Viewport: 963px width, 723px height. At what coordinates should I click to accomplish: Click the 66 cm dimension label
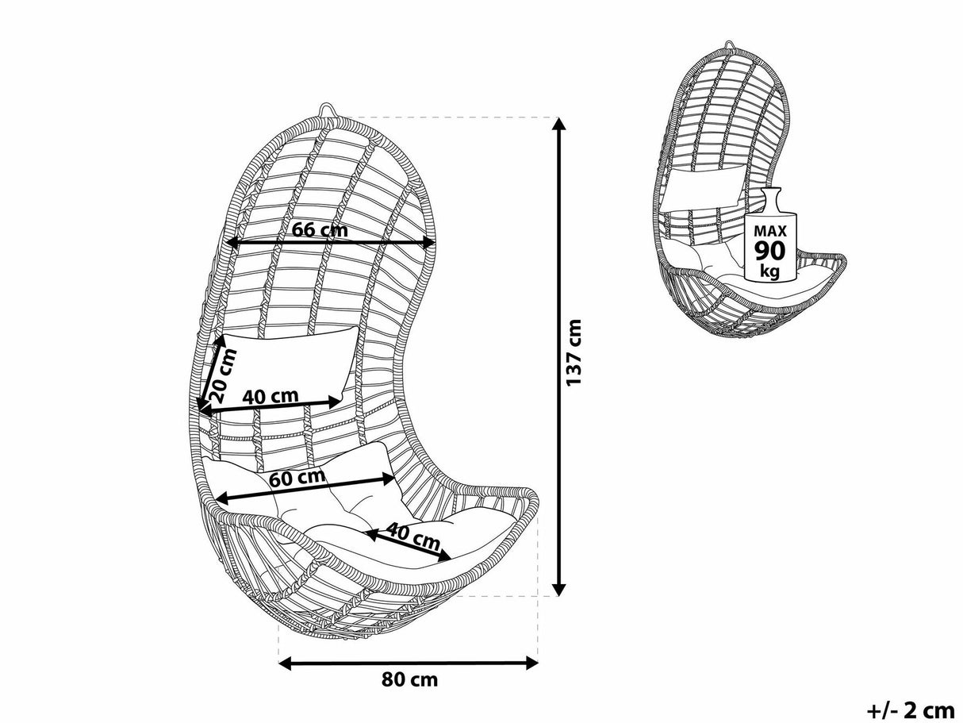320,230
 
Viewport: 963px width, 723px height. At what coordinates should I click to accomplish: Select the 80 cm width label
409,680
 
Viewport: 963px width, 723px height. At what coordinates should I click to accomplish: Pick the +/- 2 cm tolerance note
910,709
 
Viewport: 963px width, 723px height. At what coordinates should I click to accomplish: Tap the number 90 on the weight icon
769,252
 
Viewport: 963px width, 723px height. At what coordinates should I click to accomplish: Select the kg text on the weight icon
769,271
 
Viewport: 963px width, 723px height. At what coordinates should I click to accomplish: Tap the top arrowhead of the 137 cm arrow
559,124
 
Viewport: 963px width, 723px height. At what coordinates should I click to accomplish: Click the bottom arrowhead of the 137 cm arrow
559,589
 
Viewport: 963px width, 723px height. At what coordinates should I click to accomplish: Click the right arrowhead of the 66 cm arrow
430,243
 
